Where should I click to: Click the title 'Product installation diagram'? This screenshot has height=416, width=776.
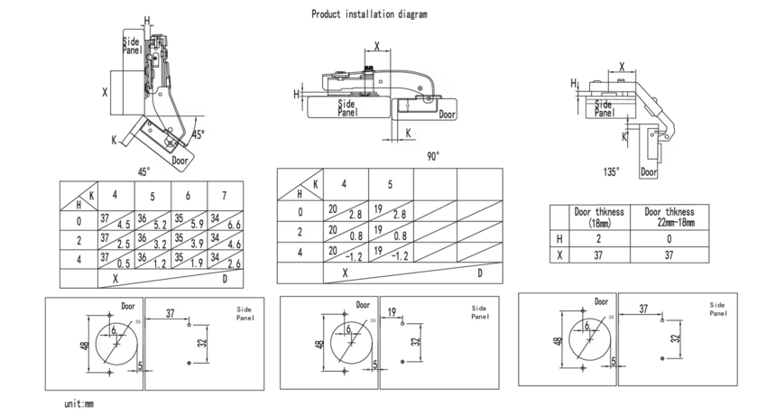pos(369,14)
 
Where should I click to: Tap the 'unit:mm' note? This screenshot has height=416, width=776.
pos(79,404)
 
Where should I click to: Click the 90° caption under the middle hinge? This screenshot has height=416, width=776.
pos(433,156)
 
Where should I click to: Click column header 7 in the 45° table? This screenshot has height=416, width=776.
pos(224,196)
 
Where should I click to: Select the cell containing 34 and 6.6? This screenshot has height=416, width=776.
pos(224,220)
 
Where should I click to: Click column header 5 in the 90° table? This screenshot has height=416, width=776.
pos(390,185)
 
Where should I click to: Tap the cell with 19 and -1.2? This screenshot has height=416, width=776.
pos(390,253)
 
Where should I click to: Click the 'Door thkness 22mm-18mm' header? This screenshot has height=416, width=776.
pos(669,217)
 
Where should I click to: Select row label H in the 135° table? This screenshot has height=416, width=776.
pos(561,237)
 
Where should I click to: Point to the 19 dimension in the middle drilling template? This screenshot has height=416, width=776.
pos(393,312)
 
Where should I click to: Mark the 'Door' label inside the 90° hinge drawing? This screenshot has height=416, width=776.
pos(448,115)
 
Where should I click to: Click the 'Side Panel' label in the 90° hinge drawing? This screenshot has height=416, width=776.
pos(347,109)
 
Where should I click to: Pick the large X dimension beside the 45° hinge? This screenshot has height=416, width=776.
pos(105,93)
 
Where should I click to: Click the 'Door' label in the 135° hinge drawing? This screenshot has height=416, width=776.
pos(648,171)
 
